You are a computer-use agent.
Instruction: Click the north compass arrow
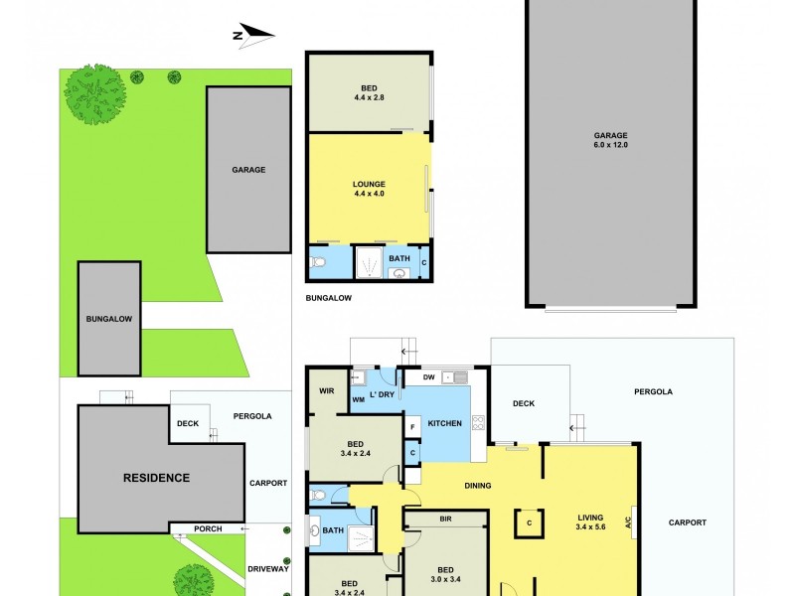pos(253,37)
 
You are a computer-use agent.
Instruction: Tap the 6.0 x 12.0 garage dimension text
pos(611,145)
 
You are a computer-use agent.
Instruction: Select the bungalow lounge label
pos(369,189)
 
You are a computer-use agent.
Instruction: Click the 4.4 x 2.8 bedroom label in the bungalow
pos(369,93)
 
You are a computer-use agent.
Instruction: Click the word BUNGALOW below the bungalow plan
pos(329,298)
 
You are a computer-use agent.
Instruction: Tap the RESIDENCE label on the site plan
pos(156,478)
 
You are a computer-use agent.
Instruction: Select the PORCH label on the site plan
pos(208,528)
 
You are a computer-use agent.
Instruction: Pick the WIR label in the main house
pos(326,390)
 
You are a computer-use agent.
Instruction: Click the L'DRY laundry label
pos(383,395)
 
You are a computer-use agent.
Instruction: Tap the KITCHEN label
pos(444,424)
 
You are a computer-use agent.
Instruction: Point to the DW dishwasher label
pos(428,377)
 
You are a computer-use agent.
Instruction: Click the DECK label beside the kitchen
pos(525,404)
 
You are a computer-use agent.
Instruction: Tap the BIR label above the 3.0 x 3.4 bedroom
pos(445,520)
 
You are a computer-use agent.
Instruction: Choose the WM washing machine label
pos(358,399)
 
